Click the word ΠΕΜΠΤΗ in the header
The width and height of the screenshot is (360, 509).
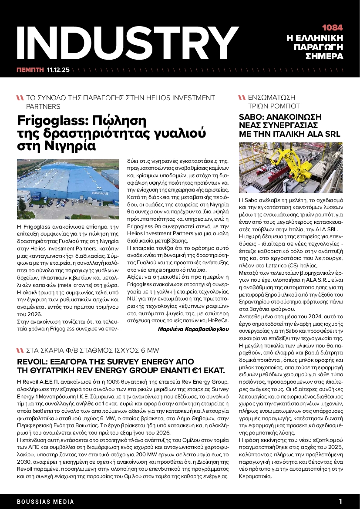point(30,69)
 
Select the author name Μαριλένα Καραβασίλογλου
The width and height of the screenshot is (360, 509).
point(193,329)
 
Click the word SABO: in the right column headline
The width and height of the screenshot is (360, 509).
point(252,117)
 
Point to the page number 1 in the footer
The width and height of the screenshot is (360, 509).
point(341,501)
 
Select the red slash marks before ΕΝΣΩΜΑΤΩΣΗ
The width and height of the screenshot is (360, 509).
point(242,98)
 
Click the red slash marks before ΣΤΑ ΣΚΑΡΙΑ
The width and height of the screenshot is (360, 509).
point(20,351)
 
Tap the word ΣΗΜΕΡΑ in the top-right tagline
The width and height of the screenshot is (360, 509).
point(324,57)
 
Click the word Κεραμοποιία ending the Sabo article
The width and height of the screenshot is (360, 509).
point(256,476)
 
